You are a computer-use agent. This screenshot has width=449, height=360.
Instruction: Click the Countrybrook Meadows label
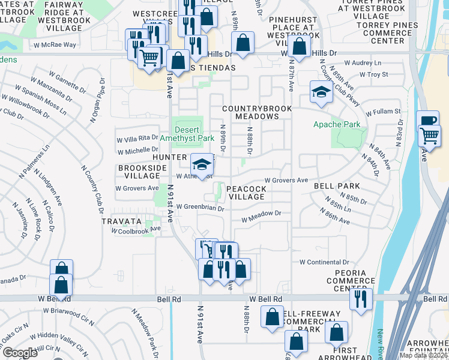click(x=256, y=112)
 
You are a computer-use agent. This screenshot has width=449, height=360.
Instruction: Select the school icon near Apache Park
click(x=321, y=92)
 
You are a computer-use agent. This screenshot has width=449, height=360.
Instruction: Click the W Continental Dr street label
click(x=324, y=262)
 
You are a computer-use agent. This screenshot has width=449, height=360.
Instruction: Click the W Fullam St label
click(x=380, y=112)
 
